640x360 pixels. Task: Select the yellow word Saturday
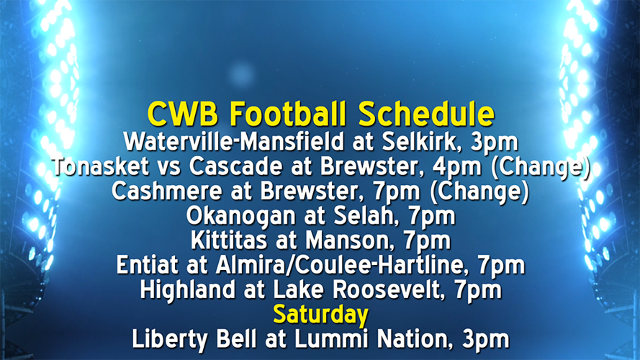[x=320, y=315]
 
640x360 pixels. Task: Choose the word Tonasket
[x=104, y=166]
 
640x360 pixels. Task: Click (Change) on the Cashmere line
[x=481, y=191]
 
